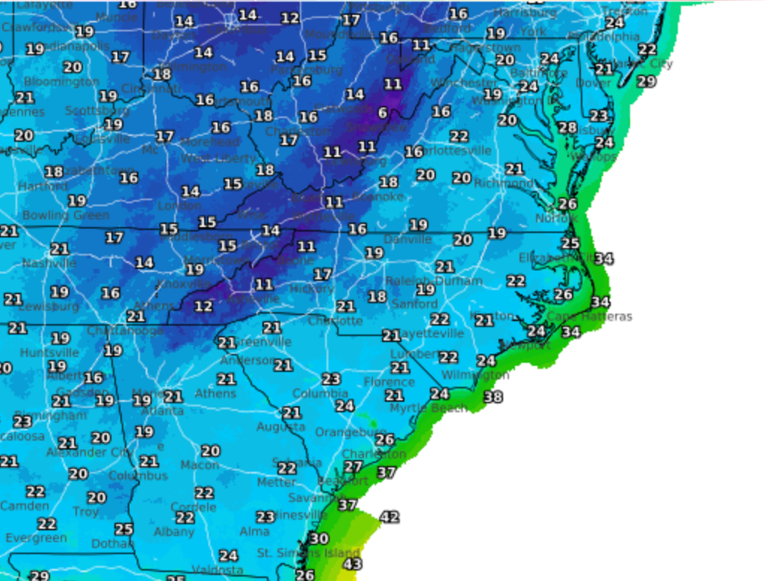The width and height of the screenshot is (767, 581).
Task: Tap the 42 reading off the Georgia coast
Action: coord(389,517)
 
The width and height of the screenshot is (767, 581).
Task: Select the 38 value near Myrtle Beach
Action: coord(493,397)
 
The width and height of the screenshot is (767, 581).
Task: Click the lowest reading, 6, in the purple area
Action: coord(383,113)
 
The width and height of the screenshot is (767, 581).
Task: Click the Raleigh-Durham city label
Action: coord(434,282)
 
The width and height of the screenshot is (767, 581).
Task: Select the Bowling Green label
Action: coord(65,215)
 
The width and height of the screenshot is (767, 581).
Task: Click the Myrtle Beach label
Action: coord(428,408)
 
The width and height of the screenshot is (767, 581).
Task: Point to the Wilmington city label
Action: coord(475,375)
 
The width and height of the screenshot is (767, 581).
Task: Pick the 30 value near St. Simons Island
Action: coord(319,538)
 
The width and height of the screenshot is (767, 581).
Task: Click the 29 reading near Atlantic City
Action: coord(646,81)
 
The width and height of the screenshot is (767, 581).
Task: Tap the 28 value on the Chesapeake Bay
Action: coord(567,128)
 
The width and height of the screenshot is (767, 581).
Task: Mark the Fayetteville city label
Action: coord(432,334)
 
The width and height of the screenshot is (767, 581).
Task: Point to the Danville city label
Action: coord(407,240)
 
